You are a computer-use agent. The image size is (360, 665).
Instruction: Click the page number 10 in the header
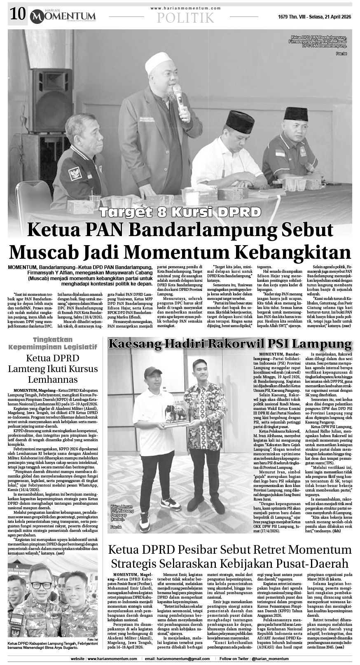pyautogui.click(x=17, y=16)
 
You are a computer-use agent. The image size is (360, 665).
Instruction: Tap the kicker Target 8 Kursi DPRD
pyautogui.click(x=180, y=213)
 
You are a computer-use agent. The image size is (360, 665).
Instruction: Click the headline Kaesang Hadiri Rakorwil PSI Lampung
pyautogui.click(x=230, y=344)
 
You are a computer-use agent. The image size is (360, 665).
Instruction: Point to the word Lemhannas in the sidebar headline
pyautogui.click(x=53, y=379)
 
